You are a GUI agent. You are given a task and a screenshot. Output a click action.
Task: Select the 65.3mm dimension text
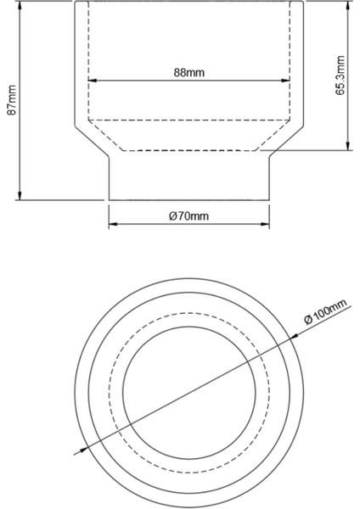[x=340, y=76]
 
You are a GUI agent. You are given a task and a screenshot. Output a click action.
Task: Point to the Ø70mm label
[x=188, y=216]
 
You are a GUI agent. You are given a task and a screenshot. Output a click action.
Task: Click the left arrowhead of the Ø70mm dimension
[x=112, y=227]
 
